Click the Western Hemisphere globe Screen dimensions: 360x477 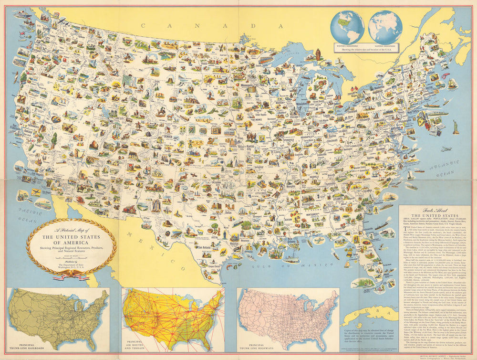click(x=348, y=26)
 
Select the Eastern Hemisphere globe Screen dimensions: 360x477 click(x=385, y=26)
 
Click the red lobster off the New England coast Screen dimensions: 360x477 click(x=446, y=74)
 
